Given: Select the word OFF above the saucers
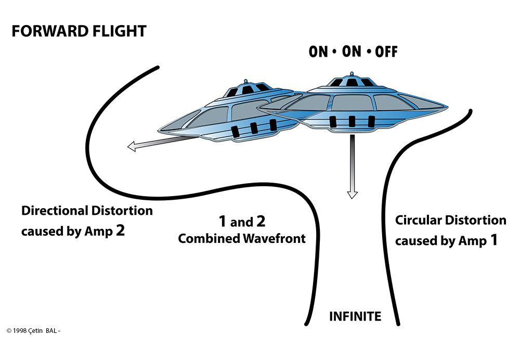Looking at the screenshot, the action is [386, 52].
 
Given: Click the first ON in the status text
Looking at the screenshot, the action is [318, 52].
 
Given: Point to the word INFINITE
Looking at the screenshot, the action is [355, 316].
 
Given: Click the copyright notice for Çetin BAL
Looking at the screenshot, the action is [33, 331].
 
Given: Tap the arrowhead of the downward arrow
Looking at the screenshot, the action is [352, 195].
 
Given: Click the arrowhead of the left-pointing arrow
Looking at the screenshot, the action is [132, 146].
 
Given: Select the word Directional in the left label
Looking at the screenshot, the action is [55, 211].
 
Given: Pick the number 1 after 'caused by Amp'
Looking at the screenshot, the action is [494, 240].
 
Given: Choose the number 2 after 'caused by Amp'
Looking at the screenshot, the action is [121, 230].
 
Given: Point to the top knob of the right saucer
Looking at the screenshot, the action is [352, 73].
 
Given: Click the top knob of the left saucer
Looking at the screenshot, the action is [246, 81].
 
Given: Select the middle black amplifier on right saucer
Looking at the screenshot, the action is [352, 121].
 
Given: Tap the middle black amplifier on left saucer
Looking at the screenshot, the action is [254, 128].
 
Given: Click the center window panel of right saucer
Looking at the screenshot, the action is [352, 102].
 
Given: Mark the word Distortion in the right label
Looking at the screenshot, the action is [476, 220].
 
